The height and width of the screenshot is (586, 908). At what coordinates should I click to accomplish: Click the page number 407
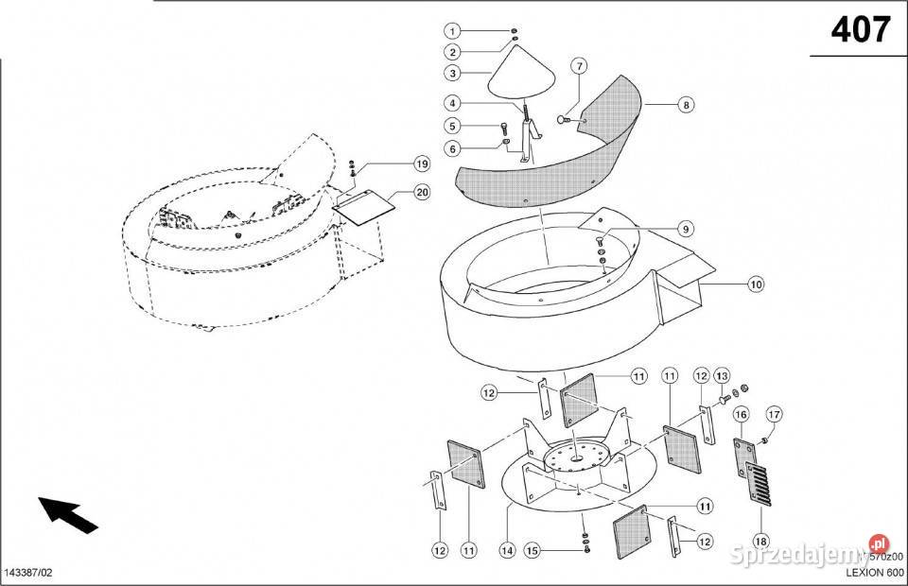click(860, 32)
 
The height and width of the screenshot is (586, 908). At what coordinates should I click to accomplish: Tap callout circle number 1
click(453, 31)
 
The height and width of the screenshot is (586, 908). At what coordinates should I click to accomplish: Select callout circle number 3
click(453, 72)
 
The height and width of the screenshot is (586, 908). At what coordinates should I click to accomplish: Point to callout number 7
click(578, 65)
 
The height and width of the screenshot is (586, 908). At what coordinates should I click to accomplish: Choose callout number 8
click(685, 106)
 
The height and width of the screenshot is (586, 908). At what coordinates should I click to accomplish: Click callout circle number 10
click(756, 283)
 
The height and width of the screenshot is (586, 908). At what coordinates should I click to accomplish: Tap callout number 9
click(685, 228)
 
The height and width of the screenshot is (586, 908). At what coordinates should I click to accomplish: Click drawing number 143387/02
click(29, 574)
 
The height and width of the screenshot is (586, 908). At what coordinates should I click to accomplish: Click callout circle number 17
click(773, 413)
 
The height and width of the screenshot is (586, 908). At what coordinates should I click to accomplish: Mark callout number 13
click(722, 375)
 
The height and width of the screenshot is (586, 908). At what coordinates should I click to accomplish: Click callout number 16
click(741, 413)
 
